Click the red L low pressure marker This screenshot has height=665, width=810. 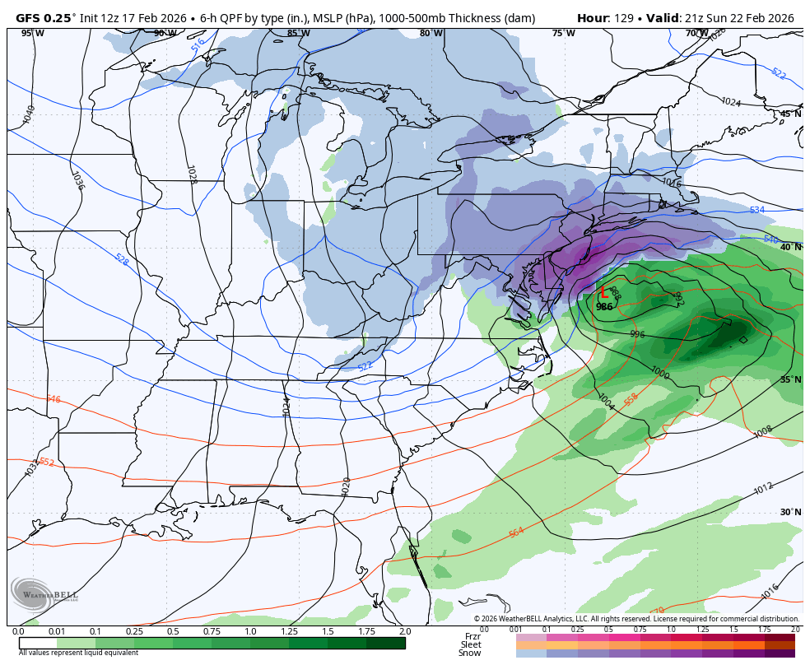[x=603, y=293]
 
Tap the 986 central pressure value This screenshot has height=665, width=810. [x=604, y=307]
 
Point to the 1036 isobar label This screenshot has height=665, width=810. [x=77, y=180]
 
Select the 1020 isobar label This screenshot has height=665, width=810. [x=346, y=486]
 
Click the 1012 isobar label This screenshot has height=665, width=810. [x=763, y=489]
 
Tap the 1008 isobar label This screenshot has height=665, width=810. [x=763, y=431]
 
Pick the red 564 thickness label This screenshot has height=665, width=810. [x=516, y=532]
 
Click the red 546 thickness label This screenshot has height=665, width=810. [x=53, y=399]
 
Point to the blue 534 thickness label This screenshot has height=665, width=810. [x=756, y=210]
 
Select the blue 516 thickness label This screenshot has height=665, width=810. [x=198, y=46]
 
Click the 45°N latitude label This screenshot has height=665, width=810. [x=790, y=114]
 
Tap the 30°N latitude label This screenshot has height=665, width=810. [x=790, y=512]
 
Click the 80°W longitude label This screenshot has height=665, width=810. [x=431, y=33]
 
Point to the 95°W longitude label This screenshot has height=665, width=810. [x=33, y=33]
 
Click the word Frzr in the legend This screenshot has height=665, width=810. [x=472, y=636]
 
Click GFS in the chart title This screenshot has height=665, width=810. [x=29, y=18]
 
